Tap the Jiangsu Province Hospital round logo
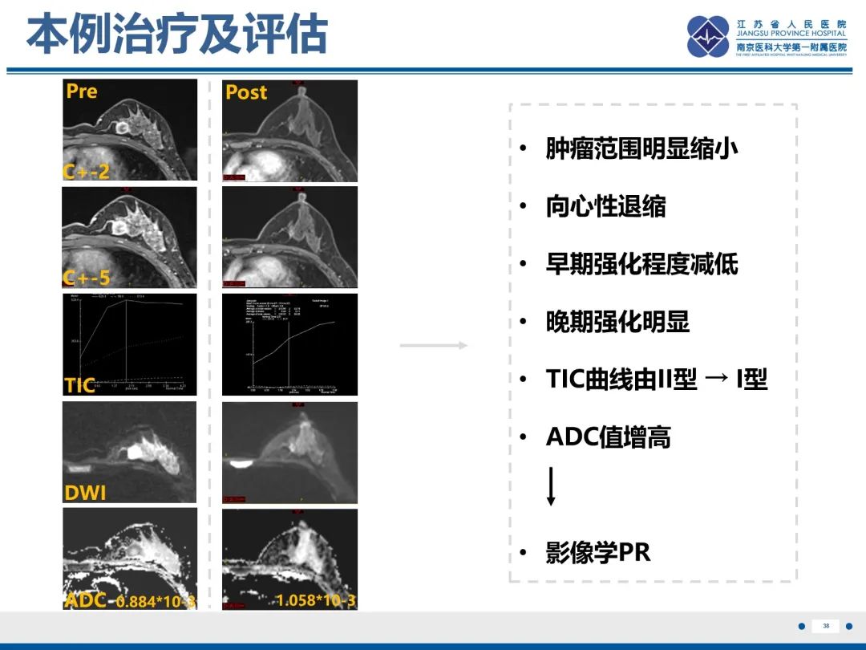pos(708,37)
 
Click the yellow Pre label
pos(82,91)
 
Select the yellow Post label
pos(245,92)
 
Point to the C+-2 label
pos(86,171)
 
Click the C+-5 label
pos(87,278)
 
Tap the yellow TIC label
pos(79,385)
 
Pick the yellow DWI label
pos(85,492)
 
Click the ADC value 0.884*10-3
pos(156,601)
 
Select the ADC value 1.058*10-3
pos(316,600)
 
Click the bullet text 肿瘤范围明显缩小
pos(641,148)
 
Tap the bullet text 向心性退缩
pos(605,206)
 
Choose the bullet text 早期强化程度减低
pos(641,264)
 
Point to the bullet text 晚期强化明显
pos(617,322)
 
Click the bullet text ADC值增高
pos(608,437)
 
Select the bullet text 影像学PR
pos(597,553)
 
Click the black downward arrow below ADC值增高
pos(551,486)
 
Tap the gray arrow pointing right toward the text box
pos(433,346)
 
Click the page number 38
pos(826,626)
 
